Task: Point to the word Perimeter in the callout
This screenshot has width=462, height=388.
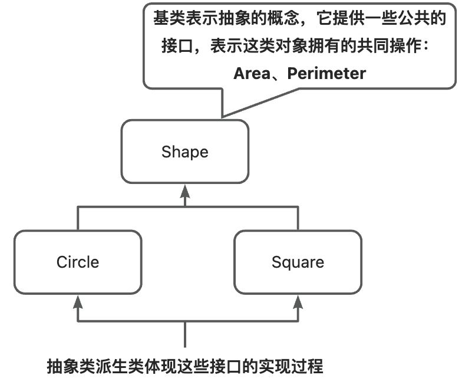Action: [x=326, y=74]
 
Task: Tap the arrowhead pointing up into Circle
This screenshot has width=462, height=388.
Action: [x=78, y=303]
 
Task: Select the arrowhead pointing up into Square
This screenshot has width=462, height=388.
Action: [x=298, y=303]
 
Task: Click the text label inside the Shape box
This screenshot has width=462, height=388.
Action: [x=184, y=152]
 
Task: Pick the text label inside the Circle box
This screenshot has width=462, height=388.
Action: [x=78, y=261]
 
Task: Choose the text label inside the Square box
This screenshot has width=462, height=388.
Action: [x=298, y=261]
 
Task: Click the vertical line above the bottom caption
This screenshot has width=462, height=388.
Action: [x=186, y=336]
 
